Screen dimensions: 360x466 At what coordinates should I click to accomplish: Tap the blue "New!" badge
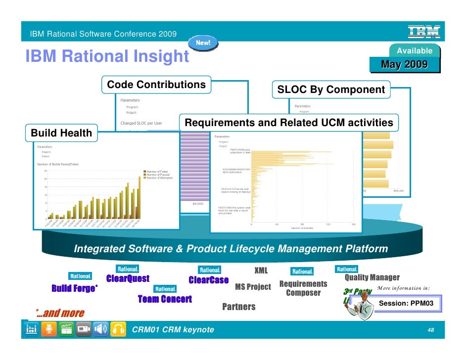[203, 43]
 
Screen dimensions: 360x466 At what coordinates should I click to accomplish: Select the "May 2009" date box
[404, 65]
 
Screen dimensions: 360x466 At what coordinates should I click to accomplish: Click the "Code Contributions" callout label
[156, 85]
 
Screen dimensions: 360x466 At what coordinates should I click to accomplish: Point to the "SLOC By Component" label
[331, 90]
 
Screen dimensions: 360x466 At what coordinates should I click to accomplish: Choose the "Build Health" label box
[61, 133]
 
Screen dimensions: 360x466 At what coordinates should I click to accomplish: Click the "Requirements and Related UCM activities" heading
[289, 123]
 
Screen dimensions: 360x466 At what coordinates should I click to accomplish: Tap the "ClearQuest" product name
[128, 279]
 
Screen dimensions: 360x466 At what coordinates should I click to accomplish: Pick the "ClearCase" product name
[209, 280]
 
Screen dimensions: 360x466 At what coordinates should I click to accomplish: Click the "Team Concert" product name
[164, 299]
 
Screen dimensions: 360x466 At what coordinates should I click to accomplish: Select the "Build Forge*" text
[75, 289]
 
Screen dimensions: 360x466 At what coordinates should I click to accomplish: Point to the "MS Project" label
[253, 287]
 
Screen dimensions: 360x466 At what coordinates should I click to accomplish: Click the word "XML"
[261, 270]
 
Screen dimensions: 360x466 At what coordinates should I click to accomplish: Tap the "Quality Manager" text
[372, 277]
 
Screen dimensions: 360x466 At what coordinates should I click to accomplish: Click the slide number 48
[430, 330]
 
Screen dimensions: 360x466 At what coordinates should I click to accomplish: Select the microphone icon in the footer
[48, 330]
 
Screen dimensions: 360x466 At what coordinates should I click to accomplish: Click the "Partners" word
[239, 307]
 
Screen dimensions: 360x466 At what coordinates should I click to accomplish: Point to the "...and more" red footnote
[60, 313]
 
